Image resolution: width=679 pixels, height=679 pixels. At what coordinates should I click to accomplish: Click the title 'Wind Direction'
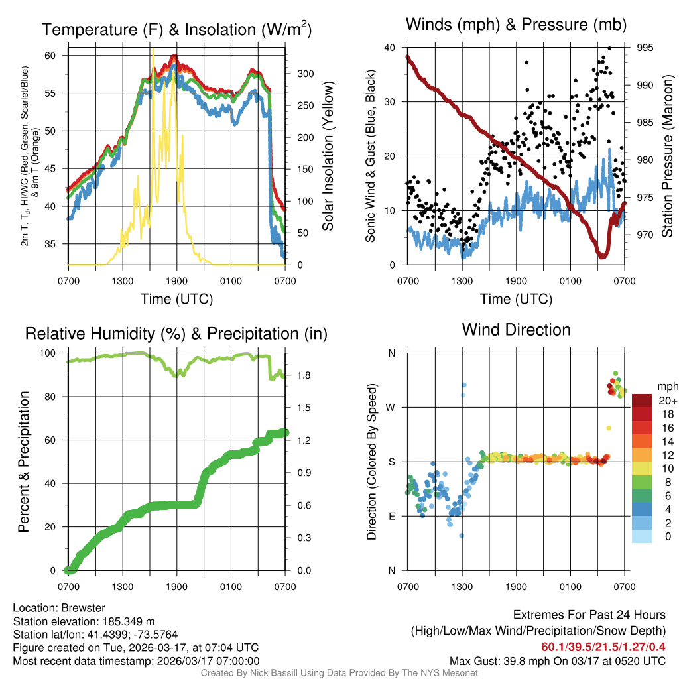click(x=516, y=330)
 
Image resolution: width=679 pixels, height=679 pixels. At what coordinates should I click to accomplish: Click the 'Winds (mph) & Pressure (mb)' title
click(x=516, y=25)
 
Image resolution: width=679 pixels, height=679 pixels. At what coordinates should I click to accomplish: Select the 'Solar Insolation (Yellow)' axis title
click(x=328, y=156)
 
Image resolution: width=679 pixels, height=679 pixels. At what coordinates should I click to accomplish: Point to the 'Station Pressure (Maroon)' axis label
click(x=668, y=156)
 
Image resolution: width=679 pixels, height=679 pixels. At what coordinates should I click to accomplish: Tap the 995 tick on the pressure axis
click(x=645, y=48)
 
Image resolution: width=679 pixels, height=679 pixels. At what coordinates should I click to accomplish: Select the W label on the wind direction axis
click(x=391, y=407)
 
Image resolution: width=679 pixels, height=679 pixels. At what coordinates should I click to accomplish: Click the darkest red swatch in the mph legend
click(x=643, y=401)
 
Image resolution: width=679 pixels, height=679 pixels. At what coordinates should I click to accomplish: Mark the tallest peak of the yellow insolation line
click(x=153, y=50)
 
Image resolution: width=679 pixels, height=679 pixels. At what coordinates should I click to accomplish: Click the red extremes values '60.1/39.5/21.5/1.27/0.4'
click(x=603, y=647)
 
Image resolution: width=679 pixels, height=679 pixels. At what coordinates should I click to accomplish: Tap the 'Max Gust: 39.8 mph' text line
click(x=557, y=660)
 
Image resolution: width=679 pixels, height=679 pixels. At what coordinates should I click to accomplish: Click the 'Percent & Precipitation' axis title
click(x=24, y=462)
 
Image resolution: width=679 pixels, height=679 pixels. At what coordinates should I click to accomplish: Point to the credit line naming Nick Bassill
click(x=339, y=673)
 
